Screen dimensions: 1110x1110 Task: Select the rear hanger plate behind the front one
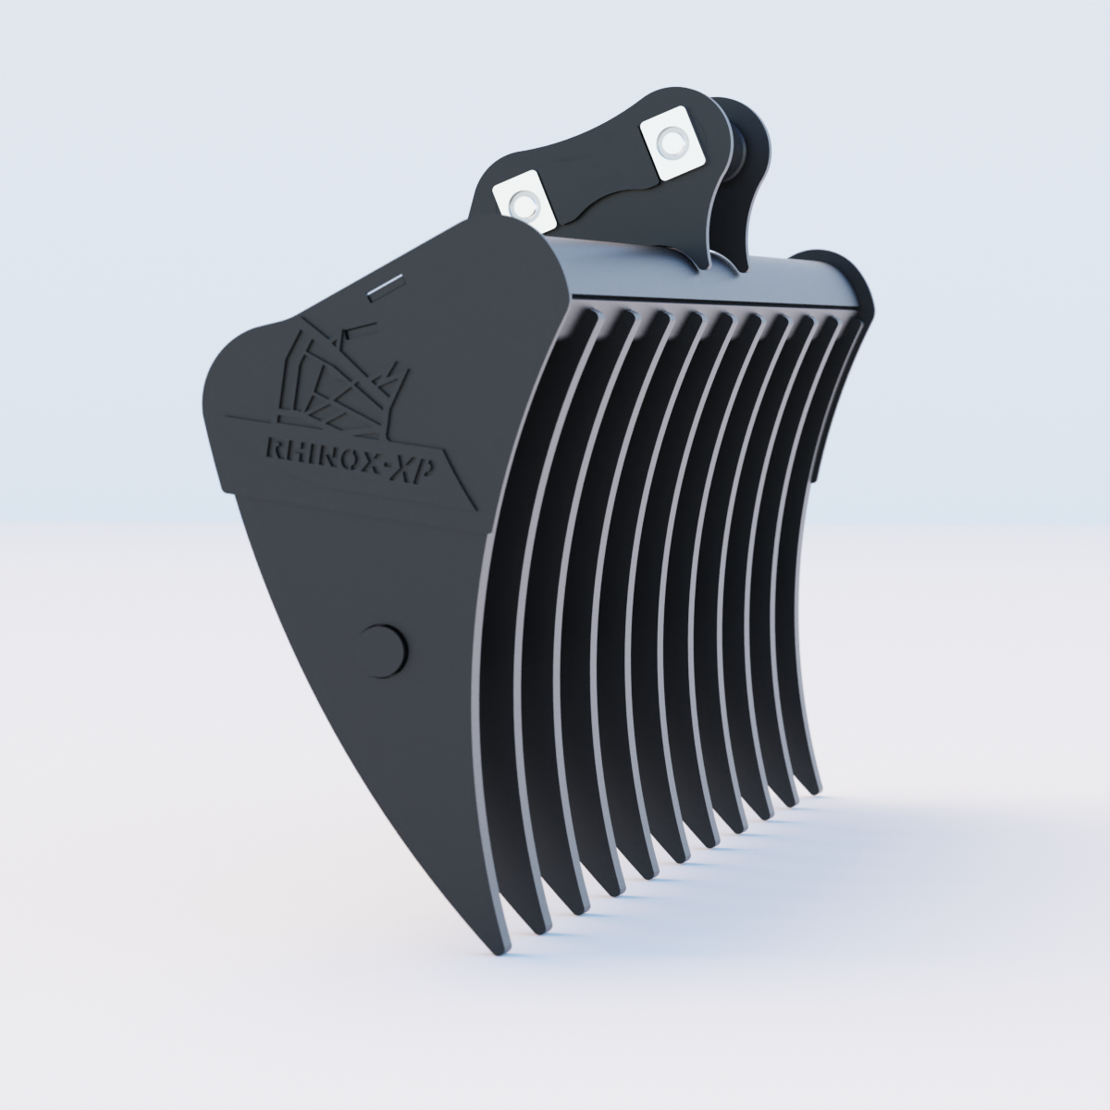pyautogui.click(x=745, y=185)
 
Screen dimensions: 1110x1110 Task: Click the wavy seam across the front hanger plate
pyautogui.click(x=610, y=197)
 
